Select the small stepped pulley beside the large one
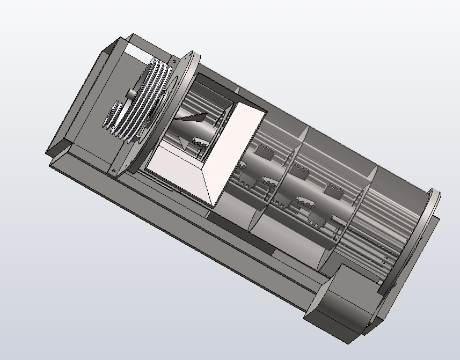pos(114,115)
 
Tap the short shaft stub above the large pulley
pos(132,93)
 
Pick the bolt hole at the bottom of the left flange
pos(114,171)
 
